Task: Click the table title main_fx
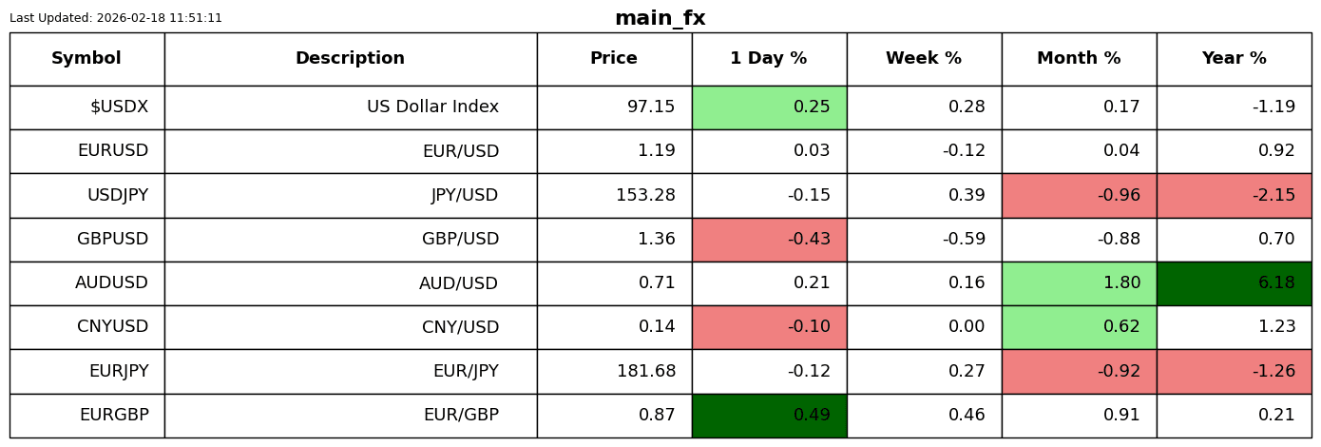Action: [x=660, y=18]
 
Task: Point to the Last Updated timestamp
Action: [x=116, y=18]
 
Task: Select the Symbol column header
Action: [x=86, y=59]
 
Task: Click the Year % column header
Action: [x=1234, y=59]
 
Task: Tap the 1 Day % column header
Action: [x=769, y=59]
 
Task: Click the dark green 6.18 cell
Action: [x=1234, y=283]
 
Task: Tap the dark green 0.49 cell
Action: [x=769, y=416]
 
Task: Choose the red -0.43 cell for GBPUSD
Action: [x=769, y=240]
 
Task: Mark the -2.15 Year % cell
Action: [x=1234, y=196]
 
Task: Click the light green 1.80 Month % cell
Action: [x=1079, y=283]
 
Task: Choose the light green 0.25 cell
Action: [x=769, y=107]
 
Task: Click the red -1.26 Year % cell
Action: [x=1234, y=372]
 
